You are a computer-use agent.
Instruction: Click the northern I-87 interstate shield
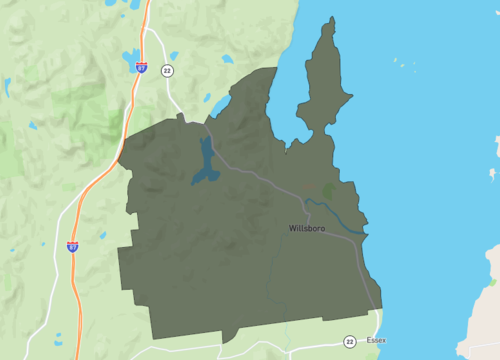coord(141,67)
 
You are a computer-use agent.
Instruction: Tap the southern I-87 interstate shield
coord(72,245)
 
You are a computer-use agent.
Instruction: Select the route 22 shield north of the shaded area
coord(166,70)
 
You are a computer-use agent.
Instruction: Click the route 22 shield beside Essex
coord(349,341)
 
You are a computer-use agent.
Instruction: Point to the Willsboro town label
coord(307,229)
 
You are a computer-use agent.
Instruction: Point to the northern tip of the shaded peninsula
coord(327,19)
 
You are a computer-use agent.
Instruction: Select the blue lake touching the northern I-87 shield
coord(130,56)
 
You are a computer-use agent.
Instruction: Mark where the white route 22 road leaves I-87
coord(147,30)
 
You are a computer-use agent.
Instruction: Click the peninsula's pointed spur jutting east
coord(350,96)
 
